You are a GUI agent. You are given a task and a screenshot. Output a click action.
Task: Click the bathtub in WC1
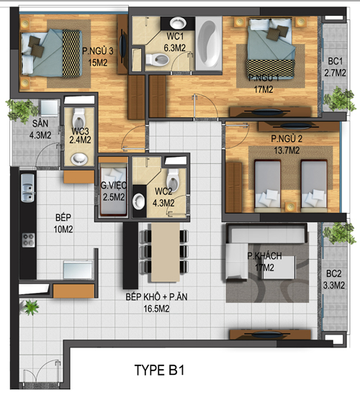tap(209, 43)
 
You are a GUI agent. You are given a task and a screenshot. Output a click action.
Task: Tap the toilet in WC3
tap(78, 118)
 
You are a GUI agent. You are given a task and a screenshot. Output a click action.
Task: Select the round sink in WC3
tap(79, 159)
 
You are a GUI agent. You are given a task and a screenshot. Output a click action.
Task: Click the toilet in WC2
tap(174, 180)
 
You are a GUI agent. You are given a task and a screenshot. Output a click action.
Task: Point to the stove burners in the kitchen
tap(29, 240)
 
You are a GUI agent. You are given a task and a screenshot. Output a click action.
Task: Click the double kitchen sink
tap(27, 188)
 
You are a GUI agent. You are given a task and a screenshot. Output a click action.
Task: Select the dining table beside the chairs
tap(166, 252)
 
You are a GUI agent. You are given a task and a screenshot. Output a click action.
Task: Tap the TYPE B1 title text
tap(160, 370)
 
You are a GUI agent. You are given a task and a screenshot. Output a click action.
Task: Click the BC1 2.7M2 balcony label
tap(335, 67)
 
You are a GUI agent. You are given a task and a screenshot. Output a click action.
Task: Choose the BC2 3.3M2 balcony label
tap(334, 279)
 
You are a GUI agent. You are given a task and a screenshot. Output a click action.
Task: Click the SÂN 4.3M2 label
tap(40, 130)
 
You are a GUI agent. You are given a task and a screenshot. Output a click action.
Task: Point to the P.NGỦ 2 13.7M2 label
tap(287, 145)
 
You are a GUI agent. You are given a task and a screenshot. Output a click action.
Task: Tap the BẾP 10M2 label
tap(63, 223)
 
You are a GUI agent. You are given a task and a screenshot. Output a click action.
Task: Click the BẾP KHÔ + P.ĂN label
tap(156, 297)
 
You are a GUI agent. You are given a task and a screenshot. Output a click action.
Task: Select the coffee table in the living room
tap(279, 268)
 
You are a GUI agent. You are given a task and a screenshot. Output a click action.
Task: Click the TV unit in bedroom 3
tap(122, 45)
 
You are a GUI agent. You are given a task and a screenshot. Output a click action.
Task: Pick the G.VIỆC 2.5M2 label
tap(114, 191)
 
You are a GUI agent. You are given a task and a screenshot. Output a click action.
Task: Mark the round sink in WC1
tap(178, 23)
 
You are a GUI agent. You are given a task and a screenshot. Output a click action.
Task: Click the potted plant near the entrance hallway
tap(30, 307)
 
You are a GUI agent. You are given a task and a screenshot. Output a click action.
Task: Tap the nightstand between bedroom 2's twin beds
tap(291, 206)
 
